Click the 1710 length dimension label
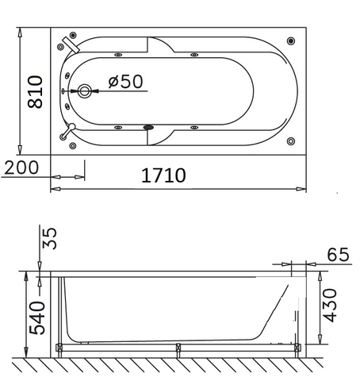coord(163,175)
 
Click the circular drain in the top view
coord(84,90)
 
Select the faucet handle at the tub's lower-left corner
coord(70,131)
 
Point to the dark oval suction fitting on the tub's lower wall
coord(147,127)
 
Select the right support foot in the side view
coord(297,347)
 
